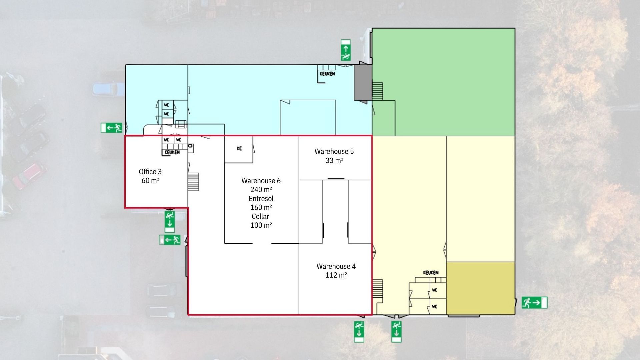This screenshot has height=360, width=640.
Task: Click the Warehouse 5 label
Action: (x=334, y=151)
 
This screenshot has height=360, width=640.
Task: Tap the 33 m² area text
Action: (x=334, y=160)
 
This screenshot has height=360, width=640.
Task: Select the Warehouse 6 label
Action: (x=261, y=181)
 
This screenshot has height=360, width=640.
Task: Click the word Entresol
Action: (x=261, y=199)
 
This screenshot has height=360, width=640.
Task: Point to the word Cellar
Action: (x=260, y=216)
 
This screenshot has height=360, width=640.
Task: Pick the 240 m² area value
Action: (x=261, y=190)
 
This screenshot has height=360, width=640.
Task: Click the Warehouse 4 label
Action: (x=336, y=266)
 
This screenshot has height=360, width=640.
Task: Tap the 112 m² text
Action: (x=336, y=275)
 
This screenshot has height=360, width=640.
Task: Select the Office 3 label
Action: (x=150, y=172)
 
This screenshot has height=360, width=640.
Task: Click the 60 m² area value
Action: (x=150, y=180)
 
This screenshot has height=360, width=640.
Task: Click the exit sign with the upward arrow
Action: (x=346, y=50)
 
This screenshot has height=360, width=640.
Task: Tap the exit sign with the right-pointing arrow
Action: (x=534, y=303)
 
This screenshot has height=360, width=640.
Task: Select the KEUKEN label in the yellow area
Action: (x=431, y=273)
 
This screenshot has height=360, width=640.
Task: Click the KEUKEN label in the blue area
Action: (x=327, y=74)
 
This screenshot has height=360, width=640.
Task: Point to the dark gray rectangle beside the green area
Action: (x=363, y=82)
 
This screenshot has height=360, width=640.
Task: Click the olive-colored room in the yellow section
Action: (x=480, y=288)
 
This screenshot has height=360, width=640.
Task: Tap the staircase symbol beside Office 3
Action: (x=193, y=182)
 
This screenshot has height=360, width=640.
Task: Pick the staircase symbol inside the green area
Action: (x=377, y=91)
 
